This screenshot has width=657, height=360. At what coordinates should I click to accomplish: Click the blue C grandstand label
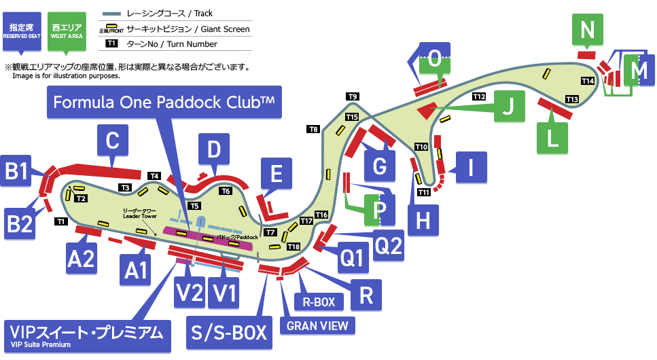(x=113, y=141)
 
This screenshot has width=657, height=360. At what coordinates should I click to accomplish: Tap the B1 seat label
(x=18, y=172)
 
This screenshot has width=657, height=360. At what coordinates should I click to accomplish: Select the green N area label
(x=588, y=30)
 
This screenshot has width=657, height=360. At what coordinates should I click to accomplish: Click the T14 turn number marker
(x=588, y=81)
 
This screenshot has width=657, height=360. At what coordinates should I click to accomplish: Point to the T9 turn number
(x=352, y=96)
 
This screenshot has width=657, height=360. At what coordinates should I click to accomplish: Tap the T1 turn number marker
(x=60, y=221)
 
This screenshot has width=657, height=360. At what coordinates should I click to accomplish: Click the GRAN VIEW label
(x=317, y=325)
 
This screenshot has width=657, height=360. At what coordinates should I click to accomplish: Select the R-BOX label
(x=319, y=302)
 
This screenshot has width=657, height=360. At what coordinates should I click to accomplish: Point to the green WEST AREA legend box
(x=67, y=30)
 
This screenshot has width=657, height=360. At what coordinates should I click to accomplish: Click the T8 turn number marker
(x=313, y=129)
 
